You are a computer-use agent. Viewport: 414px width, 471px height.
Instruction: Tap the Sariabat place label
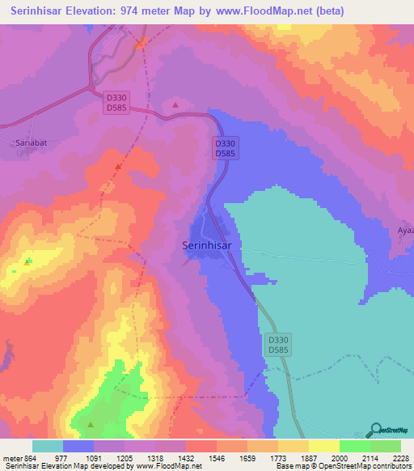28,142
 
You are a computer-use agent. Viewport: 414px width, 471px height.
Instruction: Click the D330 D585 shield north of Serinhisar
224,147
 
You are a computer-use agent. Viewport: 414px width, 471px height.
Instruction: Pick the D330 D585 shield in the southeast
277,346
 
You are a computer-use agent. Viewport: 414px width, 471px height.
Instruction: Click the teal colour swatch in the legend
48,446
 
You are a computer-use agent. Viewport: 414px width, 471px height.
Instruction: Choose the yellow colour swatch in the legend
323,446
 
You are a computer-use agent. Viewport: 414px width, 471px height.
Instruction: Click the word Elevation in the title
90,11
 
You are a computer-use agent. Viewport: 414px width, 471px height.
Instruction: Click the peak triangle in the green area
91,424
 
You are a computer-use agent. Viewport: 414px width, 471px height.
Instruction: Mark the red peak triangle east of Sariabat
119,166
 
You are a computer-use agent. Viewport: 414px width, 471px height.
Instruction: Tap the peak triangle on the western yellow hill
28,261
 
